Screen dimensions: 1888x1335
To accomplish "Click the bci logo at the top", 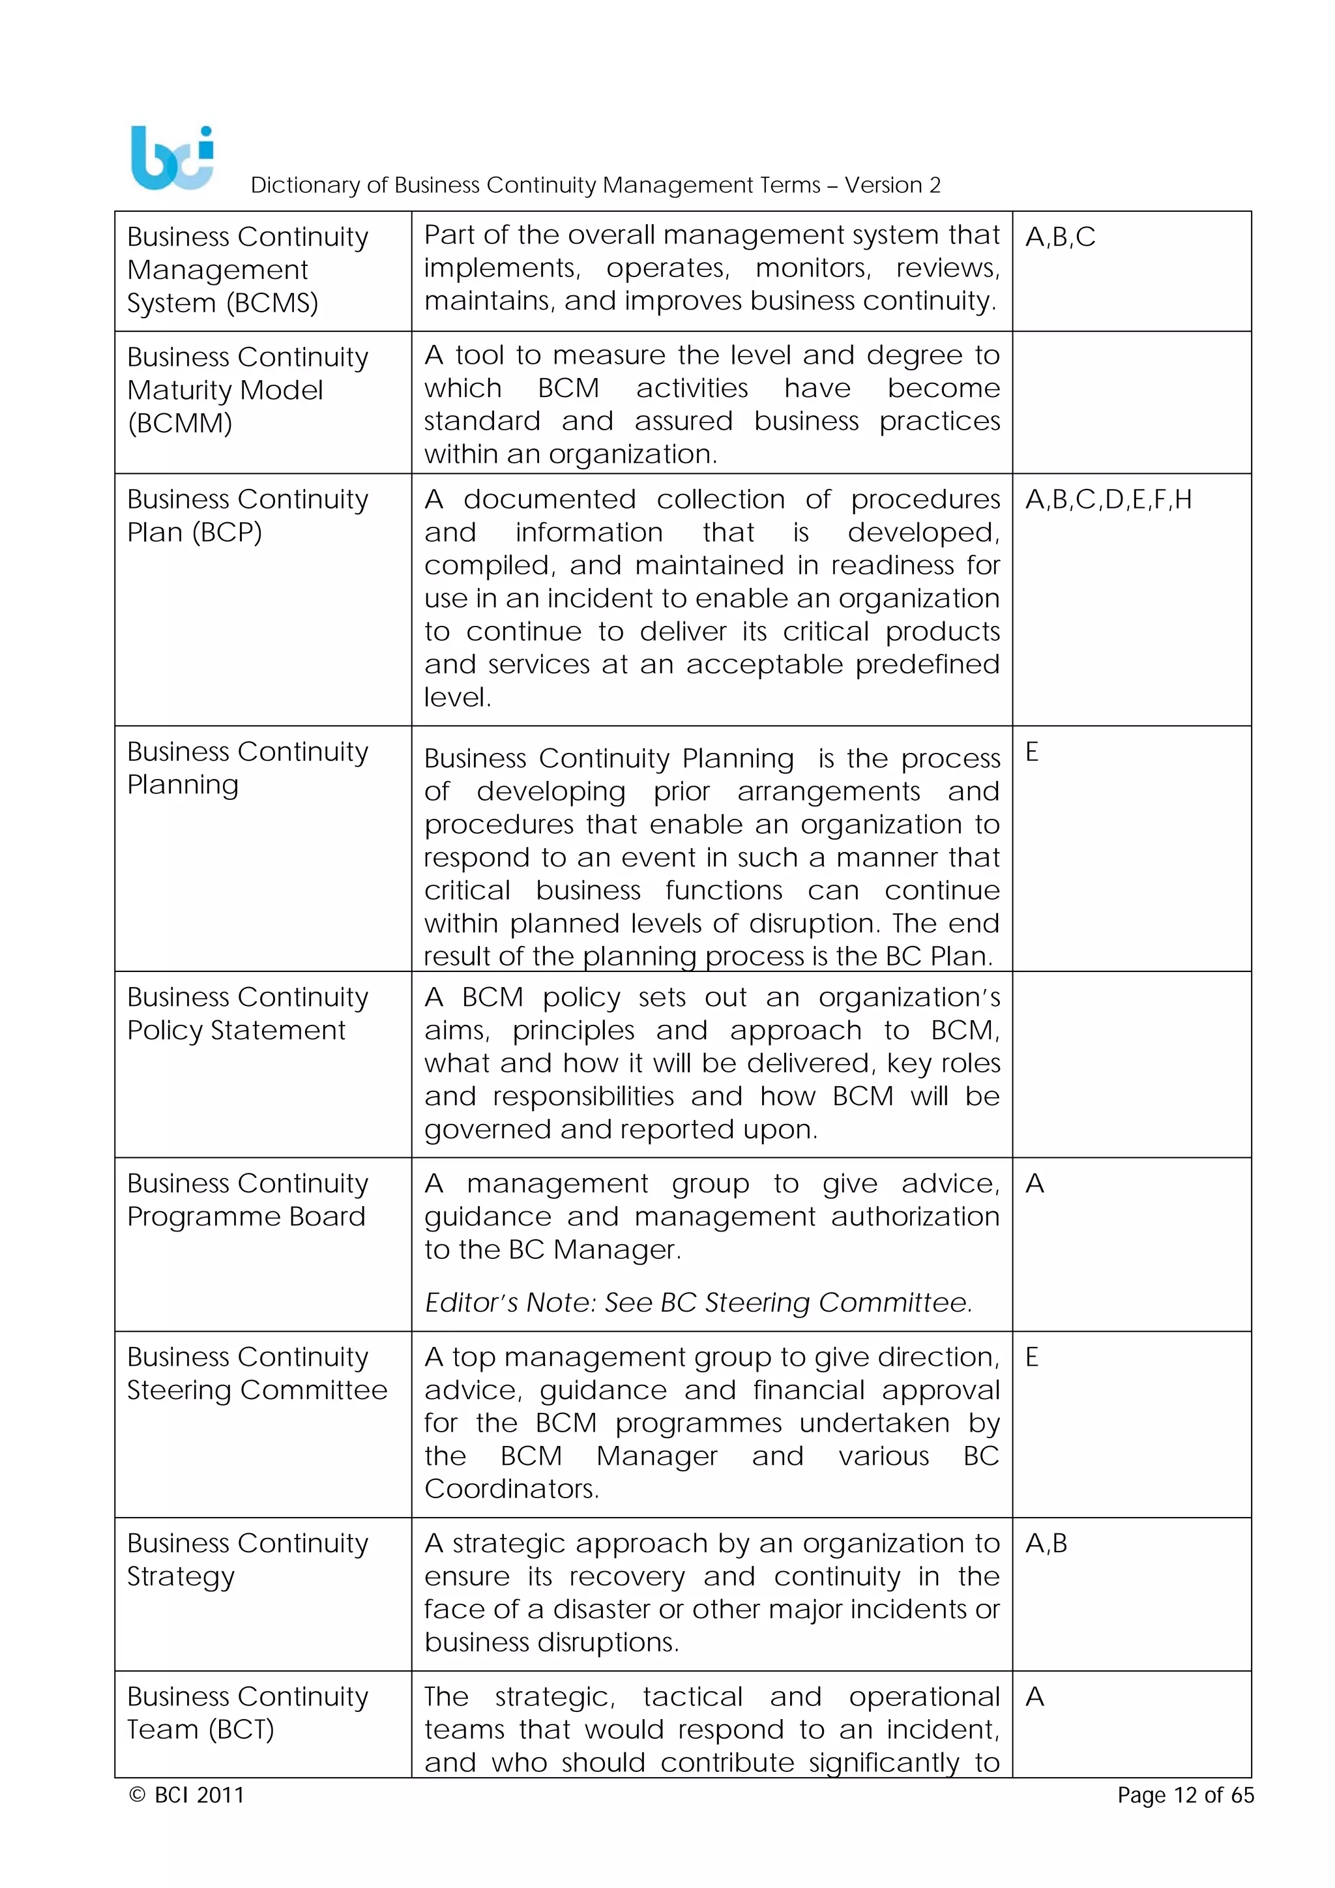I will click(x=172, y=158).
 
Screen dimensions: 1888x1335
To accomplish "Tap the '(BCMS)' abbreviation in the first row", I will click(x=272, y=303).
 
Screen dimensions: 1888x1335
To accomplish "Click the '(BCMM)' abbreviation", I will click(x=180, y=424).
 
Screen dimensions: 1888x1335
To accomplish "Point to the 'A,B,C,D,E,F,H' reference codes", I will click(x=1108, y=500).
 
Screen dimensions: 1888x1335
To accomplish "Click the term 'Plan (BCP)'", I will click(x=194, y=533).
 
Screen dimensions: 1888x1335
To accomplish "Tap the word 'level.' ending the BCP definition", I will click(x=457, y=698).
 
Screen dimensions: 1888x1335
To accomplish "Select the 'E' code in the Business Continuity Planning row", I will click(x=1032, y=752).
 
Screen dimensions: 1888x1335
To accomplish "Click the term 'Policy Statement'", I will click(x=236, y=1030).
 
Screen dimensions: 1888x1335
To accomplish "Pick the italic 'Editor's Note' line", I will click(x=698, y=1303).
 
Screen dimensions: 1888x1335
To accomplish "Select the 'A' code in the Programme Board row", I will click(x=1035, y=1184).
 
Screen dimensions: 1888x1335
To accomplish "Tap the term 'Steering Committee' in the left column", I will click(x=256, y=1390).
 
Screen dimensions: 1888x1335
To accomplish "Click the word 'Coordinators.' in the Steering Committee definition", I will click(x=511, y=1488).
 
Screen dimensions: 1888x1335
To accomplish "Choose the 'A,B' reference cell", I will click(x=1046, y=1544).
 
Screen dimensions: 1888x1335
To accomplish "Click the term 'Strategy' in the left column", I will click(x=181, y=1576).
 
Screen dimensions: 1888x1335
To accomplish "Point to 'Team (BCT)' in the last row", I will click(x=201, y=1730).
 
